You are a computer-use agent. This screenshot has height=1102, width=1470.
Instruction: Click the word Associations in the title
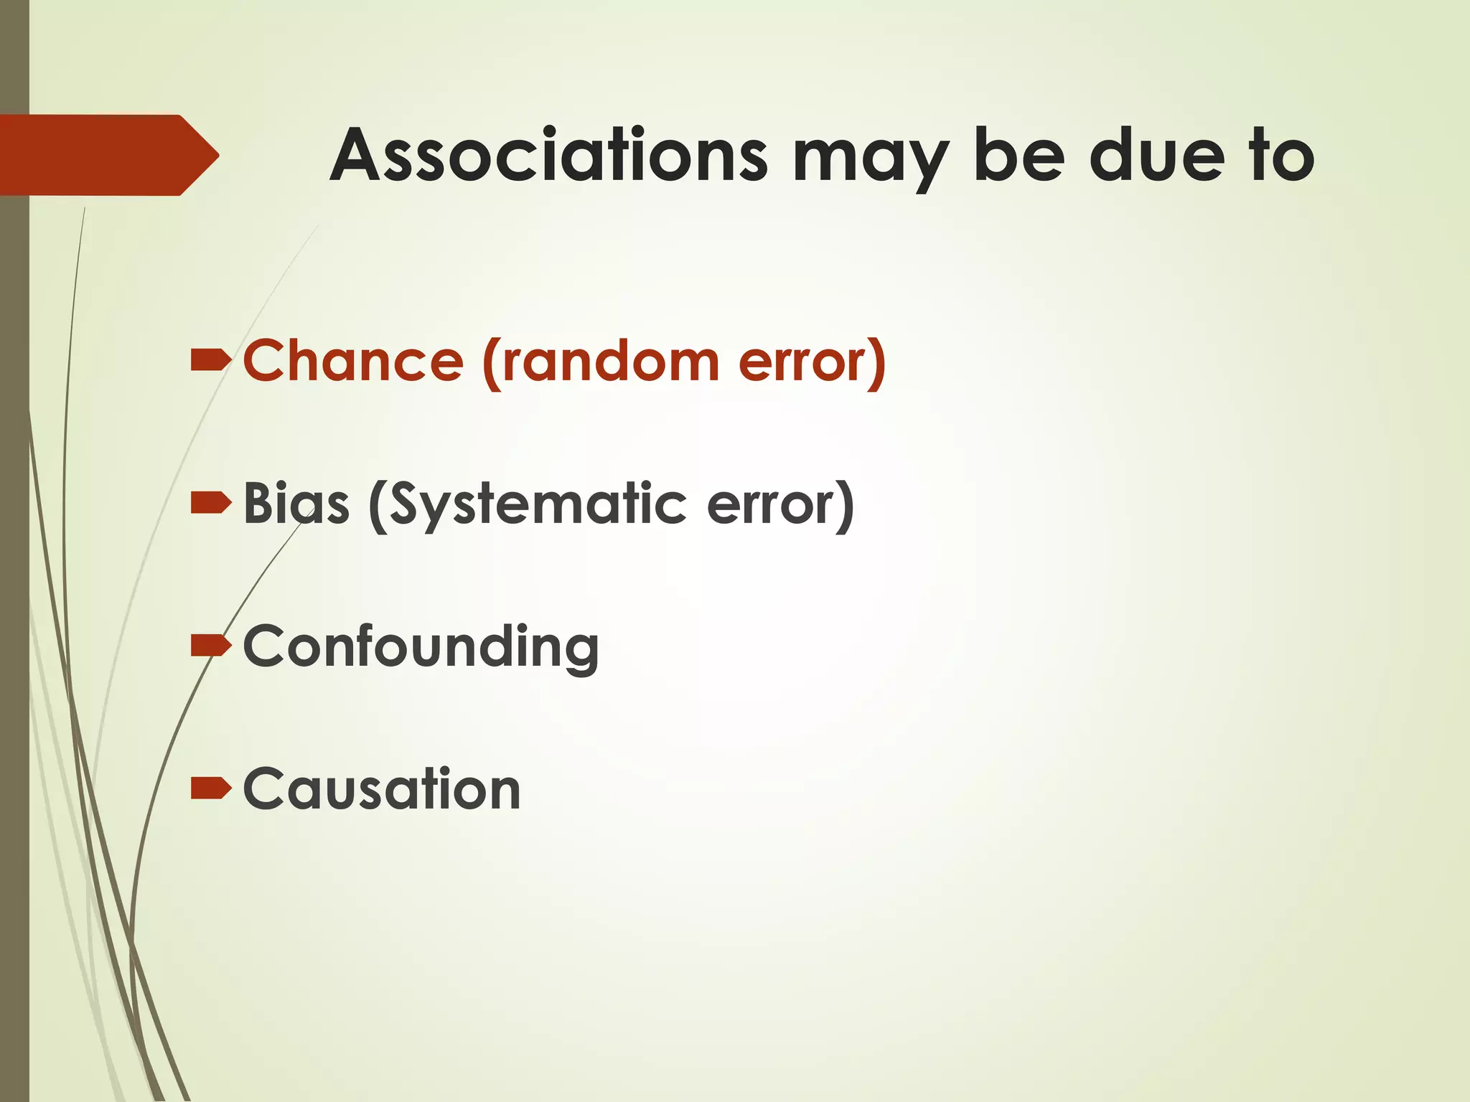tap(549, 155)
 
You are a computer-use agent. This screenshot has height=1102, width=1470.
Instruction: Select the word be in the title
tap(1019, 155)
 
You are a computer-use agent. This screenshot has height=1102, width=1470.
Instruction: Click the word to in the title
tap(1282, 155)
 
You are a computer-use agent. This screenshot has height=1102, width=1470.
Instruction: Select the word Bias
tap(296, 503)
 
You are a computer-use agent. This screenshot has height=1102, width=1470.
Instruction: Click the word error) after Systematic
tap(781, 504)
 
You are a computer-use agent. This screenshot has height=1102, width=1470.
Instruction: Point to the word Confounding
tap(421, 647)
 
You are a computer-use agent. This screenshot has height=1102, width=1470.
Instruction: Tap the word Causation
tap(382, 789)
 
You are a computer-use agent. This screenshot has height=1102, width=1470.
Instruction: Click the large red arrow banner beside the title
tap(108, 155)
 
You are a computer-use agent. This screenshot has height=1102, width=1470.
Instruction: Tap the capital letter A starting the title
tap(359, 155)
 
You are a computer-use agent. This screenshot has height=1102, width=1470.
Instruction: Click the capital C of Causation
tap(266, 789)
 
